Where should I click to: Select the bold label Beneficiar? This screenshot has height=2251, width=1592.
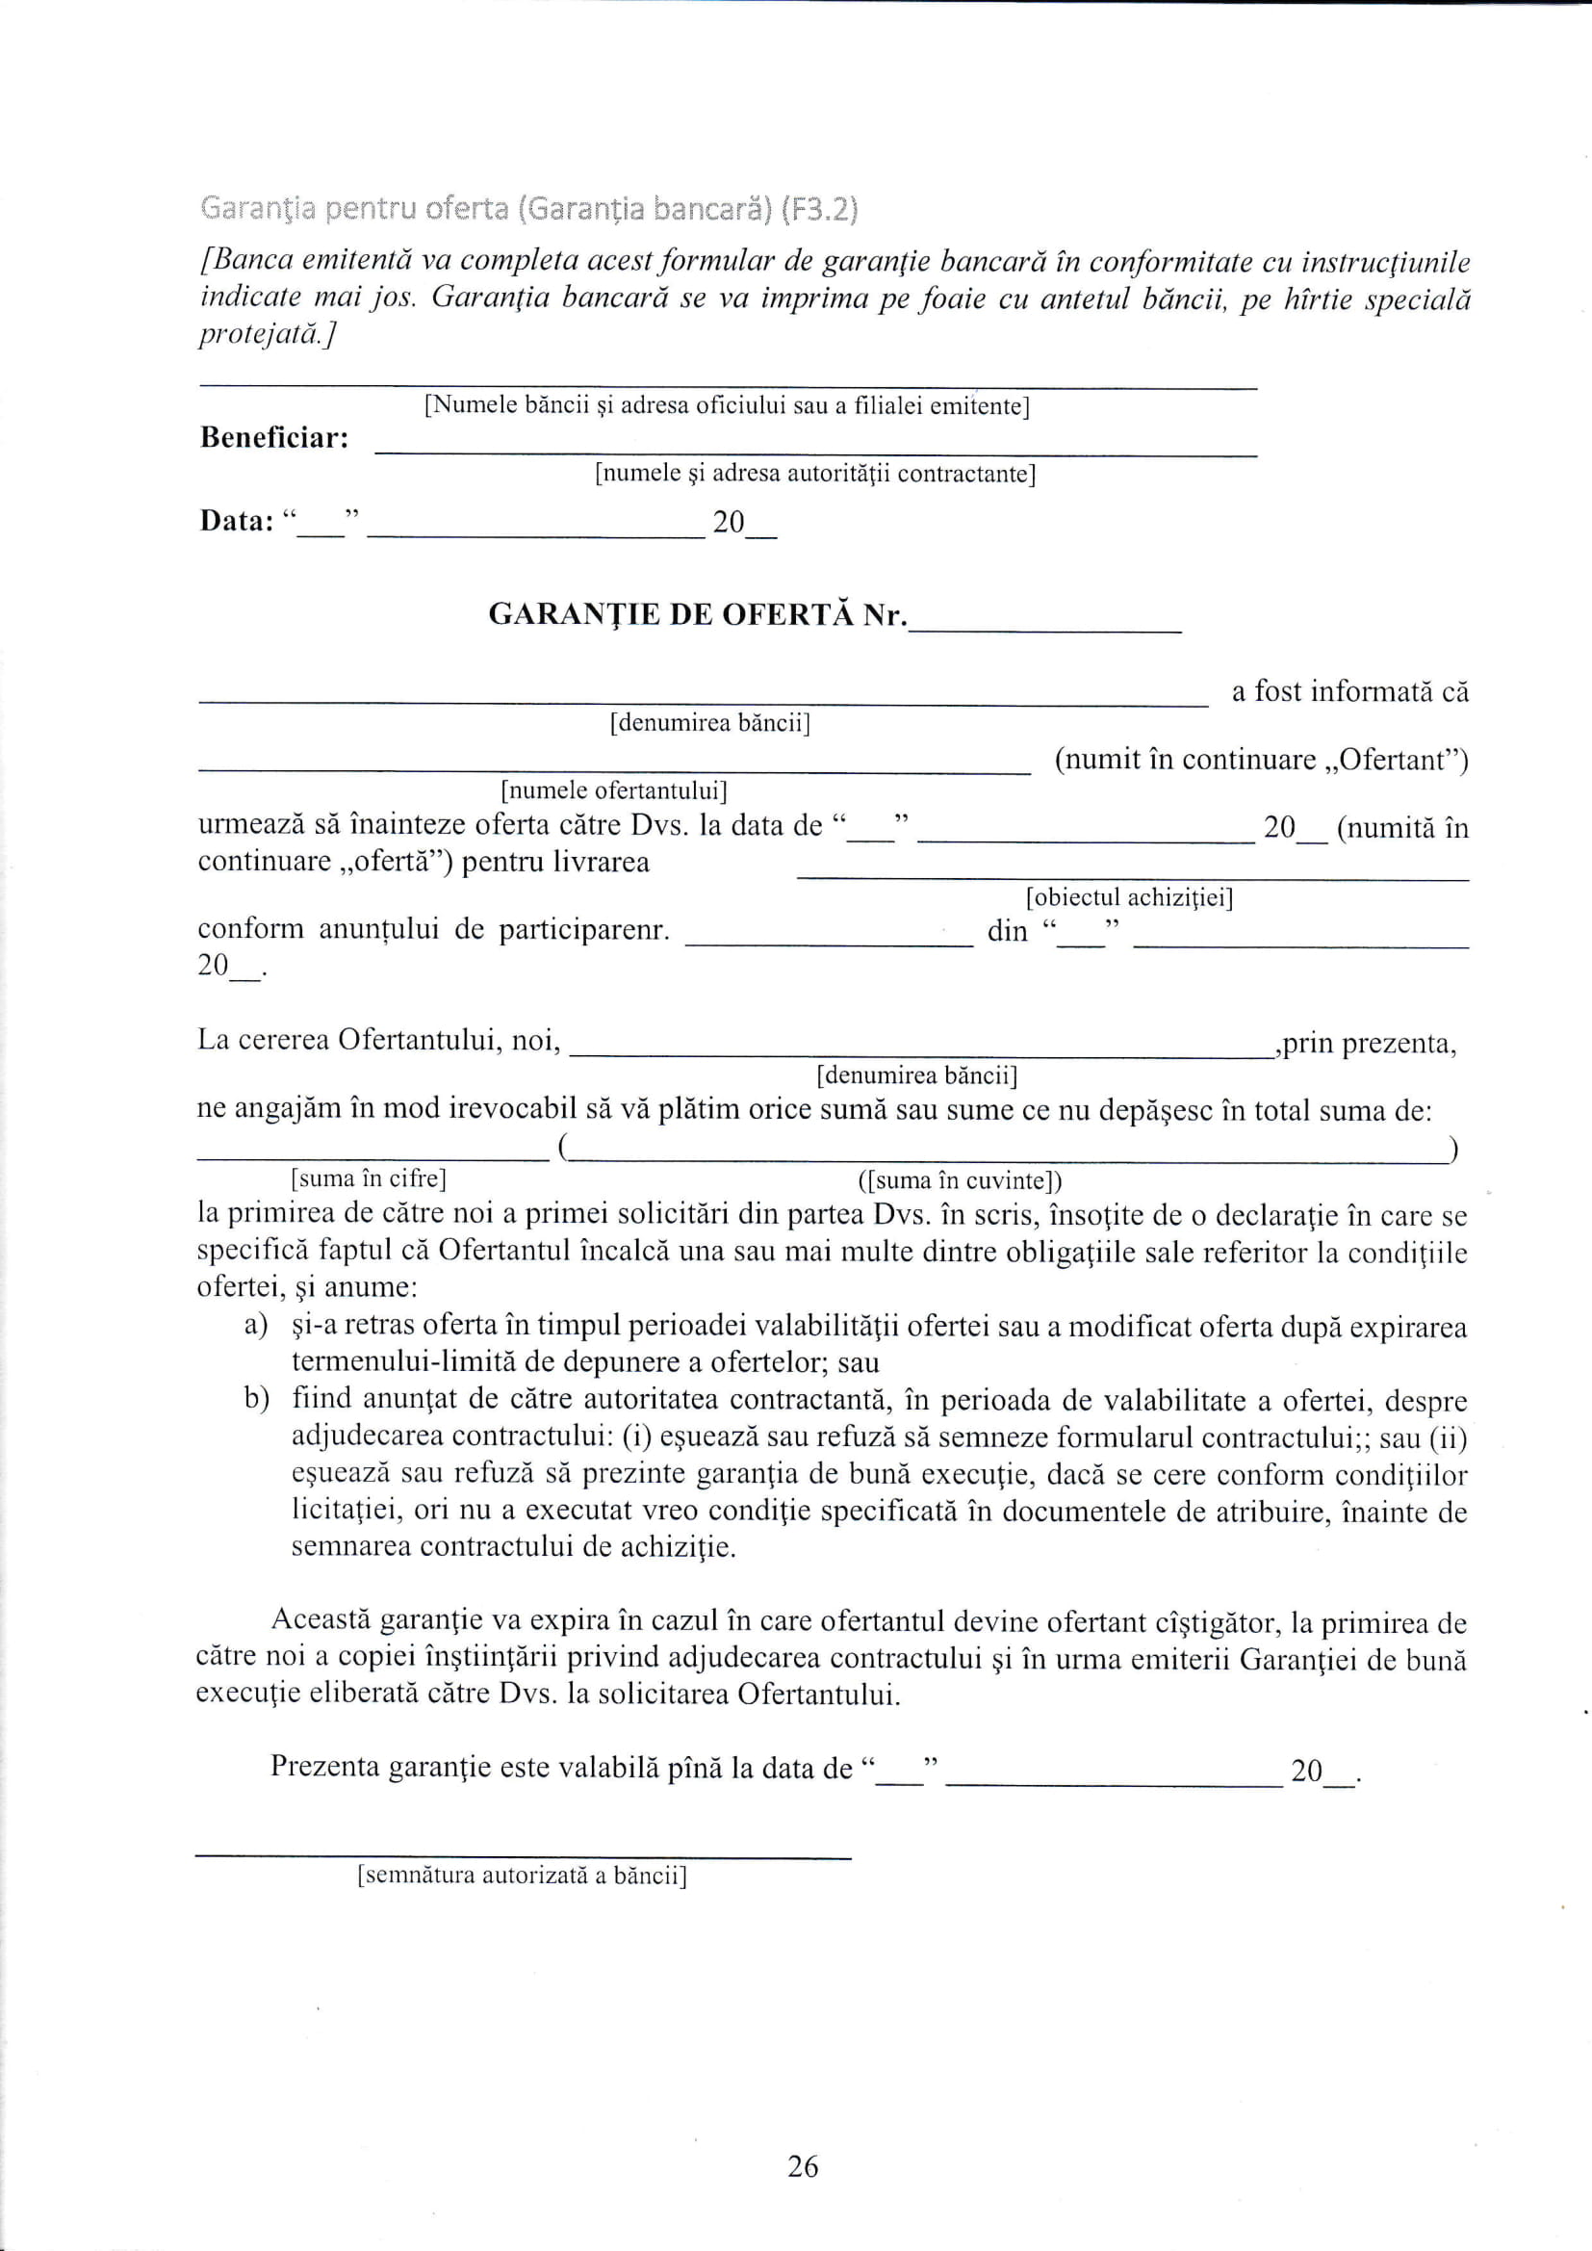[x=274, y=437]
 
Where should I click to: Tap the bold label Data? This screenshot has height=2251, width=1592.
[x=236, y=521]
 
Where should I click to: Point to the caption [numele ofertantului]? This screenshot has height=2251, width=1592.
[x=614, y=790]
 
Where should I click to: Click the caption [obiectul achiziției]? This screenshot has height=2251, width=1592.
[x=1129, y=897]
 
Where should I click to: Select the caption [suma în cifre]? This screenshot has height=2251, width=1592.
[x=369, y=1177]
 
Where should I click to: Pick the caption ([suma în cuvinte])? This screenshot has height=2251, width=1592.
[x=960, y=1180]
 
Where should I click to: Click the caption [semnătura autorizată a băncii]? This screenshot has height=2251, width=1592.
[x=522, y=1876]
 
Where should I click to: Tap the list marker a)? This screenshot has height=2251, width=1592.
[x=256, y=1326]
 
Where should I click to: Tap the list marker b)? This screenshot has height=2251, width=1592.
[x=257, y=1399]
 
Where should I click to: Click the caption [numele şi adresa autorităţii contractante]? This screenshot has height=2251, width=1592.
[x=815, y=474]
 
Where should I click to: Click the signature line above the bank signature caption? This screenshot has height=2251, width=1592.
[x=523, y=1856]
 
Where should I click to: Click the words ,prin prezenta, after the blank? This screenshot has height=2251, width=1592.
[x=1369, y=1043]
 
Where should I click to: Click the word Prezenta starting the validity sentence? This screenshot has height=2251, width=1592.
[x=324, y=1766]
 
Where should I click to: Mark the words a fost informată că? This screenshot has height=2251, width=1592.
[x=1349, y=692]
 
